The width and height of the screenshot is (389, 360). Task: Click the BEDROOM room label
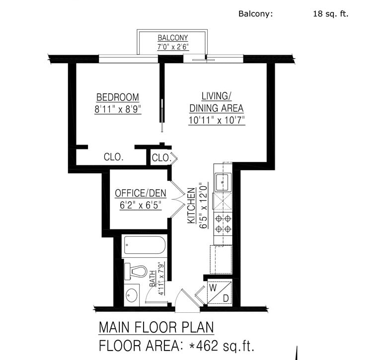(118, 97)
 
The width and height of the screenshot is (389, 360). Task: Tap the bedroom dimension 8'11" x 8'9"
(118, 109)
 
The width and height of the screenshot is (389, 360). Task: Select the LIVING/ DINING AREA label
(216, 102)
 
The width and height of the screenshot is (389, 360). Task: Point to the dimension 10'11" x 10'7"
(217, 120)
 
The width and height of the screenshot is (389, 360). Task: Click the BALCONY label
(173, 38)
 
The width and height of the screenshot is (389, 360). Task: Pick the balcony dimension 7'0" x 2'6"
(173, 47)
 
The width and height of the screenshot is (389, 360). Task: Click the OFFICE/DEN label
(141, 193)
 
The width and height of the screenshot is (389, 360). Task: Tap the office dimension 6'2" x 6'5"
(141, 205)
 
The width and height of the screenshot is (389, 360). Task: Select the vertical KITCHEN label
(191, 206)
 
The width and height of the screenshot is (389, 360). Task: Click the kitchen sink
(223, 182)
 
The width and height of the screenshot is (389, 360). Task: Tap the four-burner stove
(223, 224)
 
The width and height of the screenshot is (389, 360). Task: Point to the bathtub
(145, 245)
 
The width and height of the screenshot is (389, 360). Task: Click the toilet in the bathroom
(136, 272)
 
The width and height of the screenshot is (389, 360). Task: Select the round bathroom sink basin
(132, 295)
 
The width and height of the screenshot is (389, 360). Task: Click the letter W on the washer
(213, 288)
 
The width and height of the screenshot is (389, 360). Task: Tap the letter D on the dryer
(226, 298)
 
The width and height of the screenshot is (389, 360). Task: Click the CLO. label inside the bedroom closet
(114, 157)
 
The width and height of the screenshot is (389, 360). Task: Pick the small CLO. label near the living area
(161, 158)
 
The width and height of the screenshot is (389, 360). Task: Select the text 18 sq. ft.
(331, 13)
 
